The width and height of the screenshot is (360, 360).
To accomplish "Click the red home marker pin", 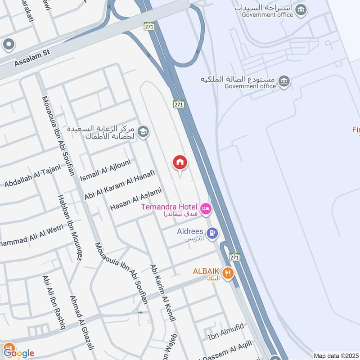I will (x=180, y=162).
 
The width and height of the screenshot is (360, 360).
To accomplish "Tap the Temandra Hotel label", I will (x=169, y=207).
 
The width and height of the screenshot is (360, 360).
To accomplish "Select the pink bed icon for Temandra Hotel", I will (x=207, y=208).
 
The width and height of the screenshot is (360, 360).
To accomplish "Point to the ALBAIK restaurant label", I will (x=206, y=271).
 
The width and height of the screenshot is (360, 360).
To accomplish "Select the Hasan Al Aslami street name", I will (x=136, y=199).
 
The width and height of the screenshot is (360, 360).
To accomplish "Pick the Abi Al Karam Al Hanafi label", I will (x=120, y=185).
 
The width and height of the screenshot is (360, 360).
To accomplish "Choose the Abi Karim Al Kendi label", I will (x=162, y=293).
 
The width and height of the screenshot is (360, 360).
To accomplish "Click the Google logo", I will (x=18, y=352).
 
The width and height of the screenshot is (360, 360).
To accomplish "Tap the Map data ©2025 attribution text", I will (x=335, y=355).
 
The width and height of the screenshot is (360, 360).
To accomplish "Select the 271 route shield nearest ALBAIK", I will (x=234, y=257).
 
